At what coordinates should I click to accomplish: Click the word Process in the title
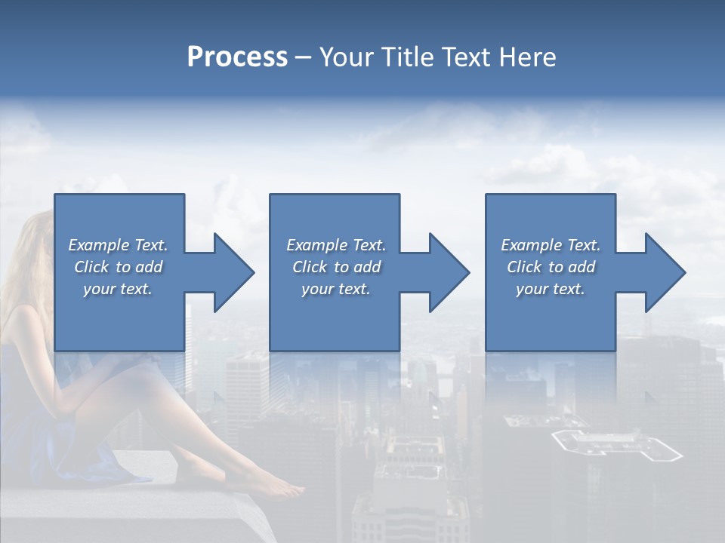tap(237, 57)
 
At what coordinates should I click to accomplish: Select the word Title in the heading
tap(404, 57)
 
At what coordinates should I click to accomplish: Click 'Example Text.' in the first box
tap(118, 245)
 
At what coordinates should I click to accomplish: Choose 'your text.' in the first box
tap(118, 289)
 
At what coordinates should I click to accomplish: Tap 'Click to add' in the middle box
tap(336, 267)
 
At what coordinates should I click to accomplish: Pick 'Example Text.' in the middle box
tap(336, 245)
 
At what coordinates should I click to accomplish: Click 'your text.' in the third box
tap(551, 289)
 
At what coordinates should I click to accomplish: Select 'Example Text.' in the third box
tap(551, 245)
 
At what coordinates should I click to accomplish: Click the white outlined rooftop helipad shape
tap(615, 445)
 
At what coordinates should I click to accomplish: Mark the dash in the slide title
tap(303, 57)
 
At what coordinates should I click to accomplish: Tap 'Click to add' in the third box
tap(551, 267)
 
